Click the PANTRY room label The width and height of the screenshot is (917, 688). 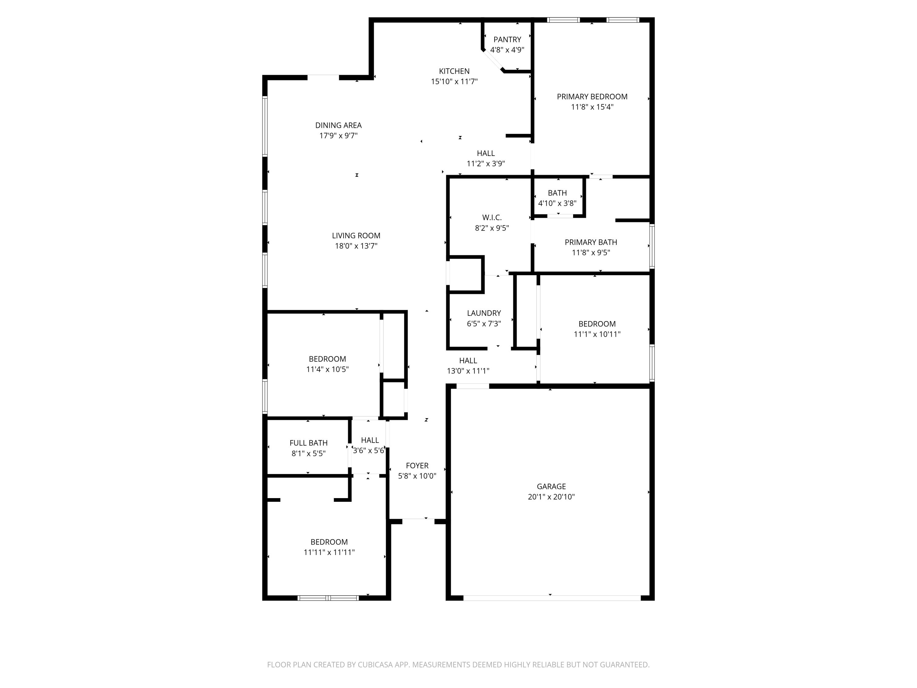pos(507,39)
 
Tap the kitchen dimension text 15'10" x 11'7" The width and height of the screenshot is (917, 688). pos(454,82)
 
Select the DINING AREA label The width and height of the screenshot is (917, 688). pos(338,125)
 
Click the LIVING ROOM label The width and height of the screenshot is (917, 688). pos(356,235)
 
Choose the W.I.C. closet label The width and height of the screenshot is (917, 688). pos(492,217)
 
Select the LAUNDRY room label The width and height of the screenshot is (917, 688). pos(484,313)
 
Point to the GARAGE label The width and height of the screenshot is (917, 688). pos(551,486)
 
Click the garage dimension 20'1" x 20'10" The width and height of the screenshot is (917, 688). pos(551,497)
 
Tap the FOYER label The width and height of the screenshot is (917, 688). pos(417,466)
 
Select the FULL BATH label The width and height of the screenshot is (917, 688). pos(308,443)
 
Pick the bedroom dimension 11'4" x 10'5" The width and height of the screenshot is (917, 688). pos(327,369)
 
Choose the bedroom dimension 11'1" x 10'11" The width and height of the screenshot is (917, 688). pos(597,334)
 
